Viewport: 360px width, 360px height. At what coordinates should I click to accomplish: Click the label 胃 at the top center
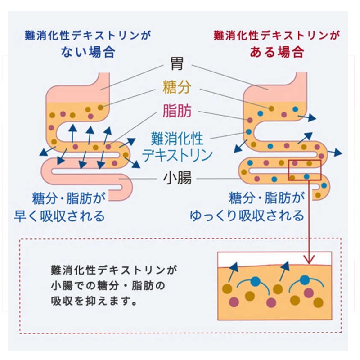tap(177, 64)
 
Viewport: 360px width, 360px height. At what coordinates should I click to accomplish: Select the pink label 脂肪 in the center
tap(177, 110)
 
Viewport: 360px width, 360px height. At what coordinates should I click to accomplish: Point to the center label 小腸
tap(177, 179)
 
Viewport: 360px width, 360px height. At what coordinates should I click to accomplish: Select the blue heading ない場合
tap(88, 51)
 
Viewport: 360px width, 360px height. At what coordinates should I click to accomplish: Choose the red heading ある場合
tap(277, 51)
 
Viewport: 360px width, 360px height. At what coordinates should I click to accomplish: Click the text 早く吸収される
tap(68, 216)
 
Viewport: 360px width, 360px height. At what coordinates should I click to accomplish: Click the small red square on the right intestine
tap(304, 170)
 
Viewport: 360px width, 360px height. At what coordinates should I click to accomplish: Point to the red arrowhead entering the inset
tap(309, 260)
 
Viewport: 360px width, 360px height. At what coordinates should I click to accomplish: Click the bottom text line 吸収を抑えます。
tap(94, 300)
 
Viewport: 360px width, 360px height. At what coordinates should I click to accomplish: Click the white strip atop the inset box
tap(274, 258)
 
